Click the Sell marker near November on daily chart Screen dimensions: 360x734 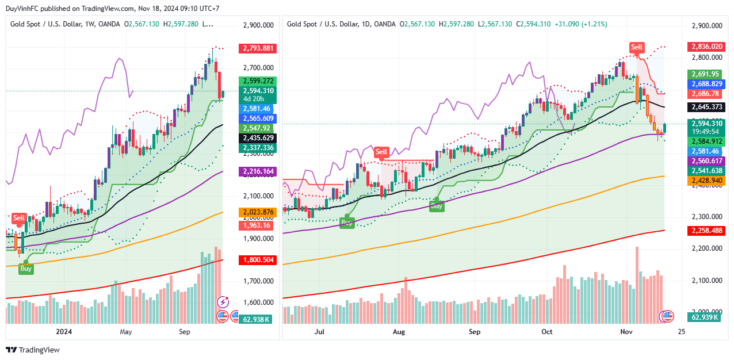(x=636, y=47)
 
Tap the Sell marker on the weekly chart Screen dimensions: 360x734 (x=19, y=218)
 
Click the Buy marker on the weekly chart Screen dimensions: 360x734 (x=26, y=268)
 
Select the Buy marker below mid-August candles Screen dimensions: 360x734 (x=437, y=205)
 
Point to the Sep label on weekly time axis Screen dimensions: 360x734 (x=184, y=332)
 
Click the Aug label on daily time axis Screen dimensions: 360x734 (x=399, y=332)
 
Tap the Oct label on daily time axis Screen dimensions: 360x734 (x=547, y=332)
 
